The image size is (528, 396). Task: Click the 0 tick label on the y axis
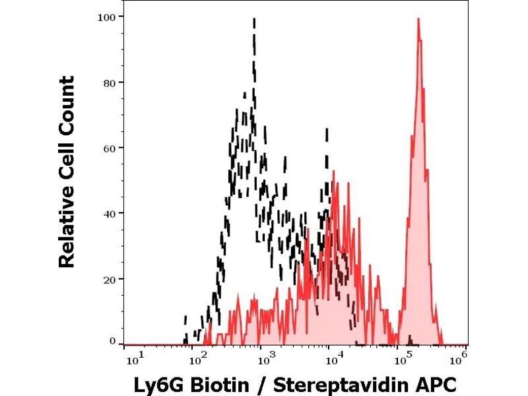click(113, 341)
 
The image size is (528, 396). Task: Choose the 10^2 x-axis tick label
click(197, 359)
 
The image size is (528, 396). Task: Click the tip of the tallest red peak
click(418, 19)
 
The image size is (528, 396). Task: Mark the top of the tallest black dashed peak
click(254, 19)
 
